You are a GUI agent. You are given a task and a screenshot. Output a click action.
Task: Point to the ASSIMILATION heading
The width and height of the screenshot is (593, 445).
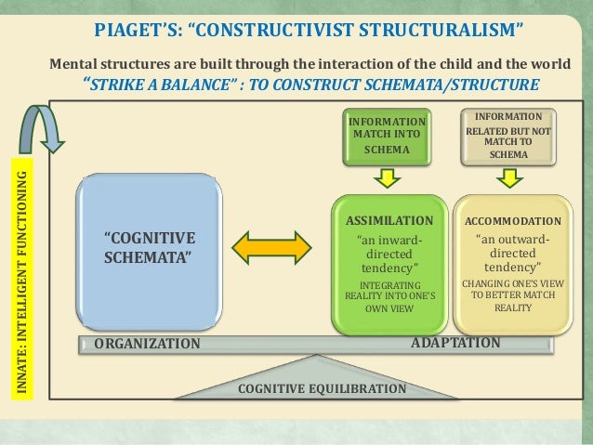click(389, 221)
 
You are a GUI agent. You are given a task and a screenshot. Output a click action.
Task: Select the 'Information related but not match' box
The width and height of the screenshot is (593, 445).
click(507, 135)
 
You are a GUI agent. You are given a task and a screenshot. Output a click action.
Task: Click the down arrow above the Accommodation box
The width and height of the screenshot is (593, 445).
click(507, 176)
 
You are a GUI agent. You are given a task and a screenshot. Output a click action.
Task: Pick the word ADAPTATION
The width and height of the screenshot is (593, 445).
click(455, 343)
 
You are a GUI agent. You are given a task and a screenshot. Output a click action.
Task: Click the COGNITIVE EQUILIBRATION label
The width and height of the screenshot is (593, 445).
click(323, 388)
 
